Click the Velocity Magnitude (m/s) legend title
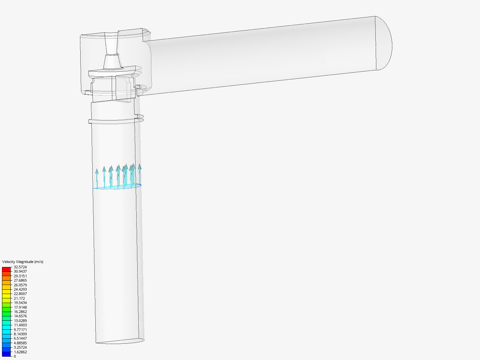coord(23,262)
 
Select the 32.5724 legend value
coord(20,267)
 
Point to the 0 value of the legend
coord(15,356)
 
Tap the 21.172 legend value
coord(19,298)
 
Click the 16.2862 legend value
coord(20,312)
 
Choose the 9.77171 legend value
coord(20,330)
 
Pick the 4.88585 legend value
coord(20,343)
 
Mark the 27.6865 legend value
coord(20,280)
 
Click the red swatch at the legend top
coord(6,269)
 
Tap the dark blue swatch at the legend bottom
coord(6,354)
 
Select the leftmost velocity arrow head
coord(97,171)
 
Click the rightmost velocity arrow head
coord(140,166)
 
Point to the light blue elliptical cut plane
coord(117,187)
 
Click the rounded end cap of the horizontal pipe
coord(384,43)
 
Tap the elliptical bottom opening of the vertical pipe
coord(120,341)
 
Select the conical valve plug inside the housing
coord(112,62)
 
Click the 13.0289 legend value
coord(20,321)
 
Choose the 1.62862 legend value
coord(20,352)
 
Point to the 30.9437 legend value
coord(20,271)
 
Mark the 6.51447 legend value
coord(20,338)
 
